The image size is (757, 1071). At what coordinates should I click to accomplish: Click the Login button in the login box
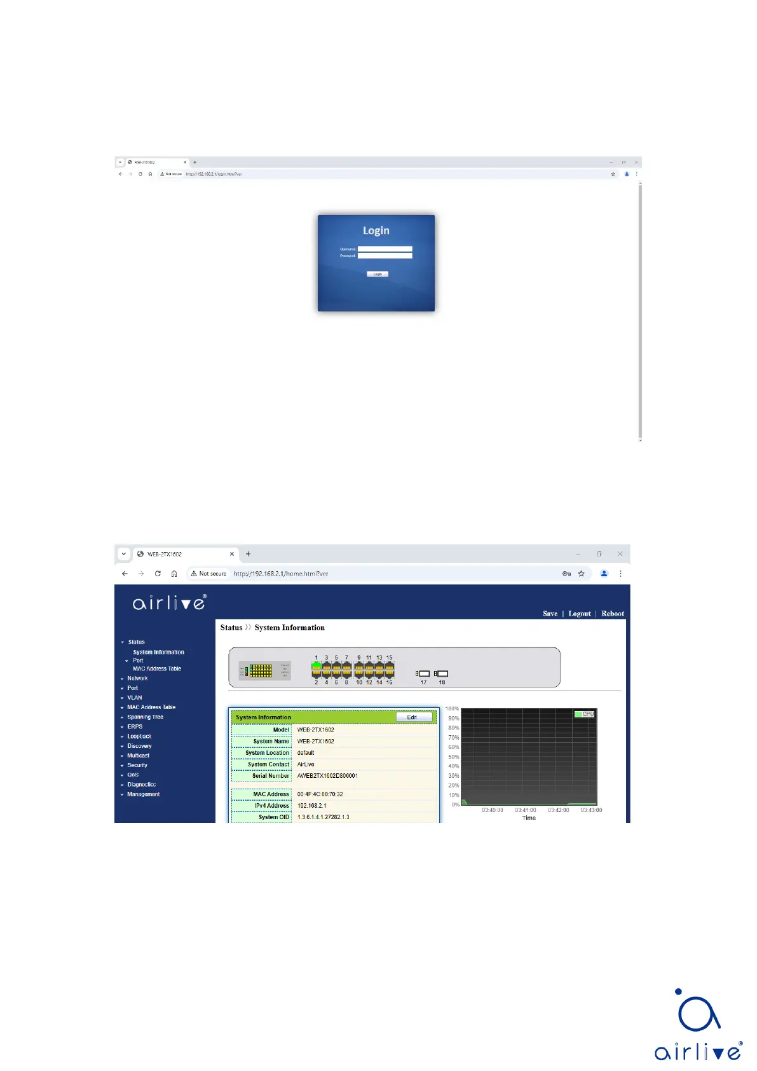(378, 274)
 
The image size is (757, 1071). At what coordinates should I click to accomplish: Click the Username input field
(385, 249)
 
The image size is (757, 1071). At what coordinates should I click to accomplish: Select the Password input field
(385, 256)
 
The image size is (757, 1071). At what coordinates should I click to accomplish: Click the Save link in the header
(550, 614)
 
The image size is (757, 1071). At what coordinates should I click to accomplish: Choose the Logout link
(579, 614)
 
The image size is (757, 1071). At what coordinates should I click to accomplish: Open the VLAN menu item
(135, 698)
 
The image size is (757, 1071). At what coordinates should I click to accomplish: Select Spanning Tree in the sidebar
(145, 717)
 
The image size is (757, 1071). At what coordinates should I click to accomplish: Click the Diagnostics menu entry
(141, 785)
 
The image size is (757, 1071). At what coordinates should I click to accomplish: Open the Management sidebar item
(143, 794)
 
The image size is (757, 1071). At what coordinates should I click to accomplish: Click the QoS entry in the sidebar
(133, 775)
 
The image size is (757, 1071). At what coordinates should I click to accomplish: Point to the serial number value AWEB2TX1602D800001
(327, 776)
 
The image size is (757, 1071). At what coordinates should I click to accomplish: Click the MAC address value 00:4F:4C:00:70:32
(320, 794)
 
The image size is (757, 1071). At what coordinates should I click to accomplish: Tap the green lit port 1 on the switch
(316, 665)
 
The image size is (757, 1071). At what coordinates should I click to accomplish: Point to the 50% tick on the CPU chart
(454, 757)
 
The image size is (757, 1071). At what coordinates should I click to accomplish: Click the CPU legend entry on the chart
(584, 714)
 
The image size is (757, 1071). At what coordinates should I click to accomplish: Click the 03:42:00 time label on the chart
(558, 810)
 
